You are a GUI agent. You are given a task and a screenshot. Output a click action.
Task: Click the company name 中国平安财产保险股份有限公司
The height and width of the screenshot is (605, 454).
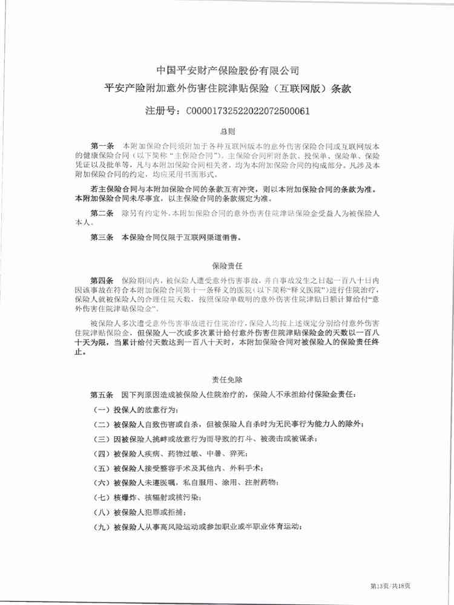click(x=227, y=71)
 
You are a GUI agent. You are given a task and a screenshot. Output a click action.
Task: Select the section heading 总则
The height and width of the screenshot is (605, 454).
click(x=227, y=131)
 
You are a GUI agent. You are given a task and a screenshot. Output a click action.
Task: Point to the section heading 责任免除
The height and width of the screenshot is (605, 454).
click(x=227, y=380)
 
